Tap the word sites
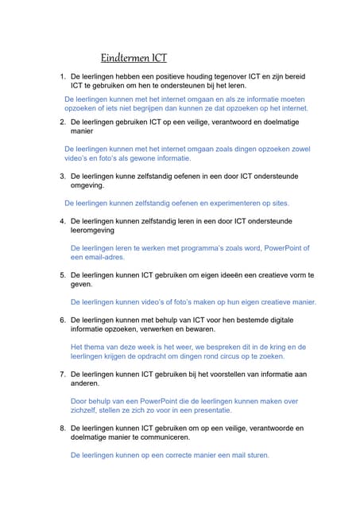(278, 203)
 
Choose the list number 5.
(62, 275)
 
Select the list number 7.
(62, 374)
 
